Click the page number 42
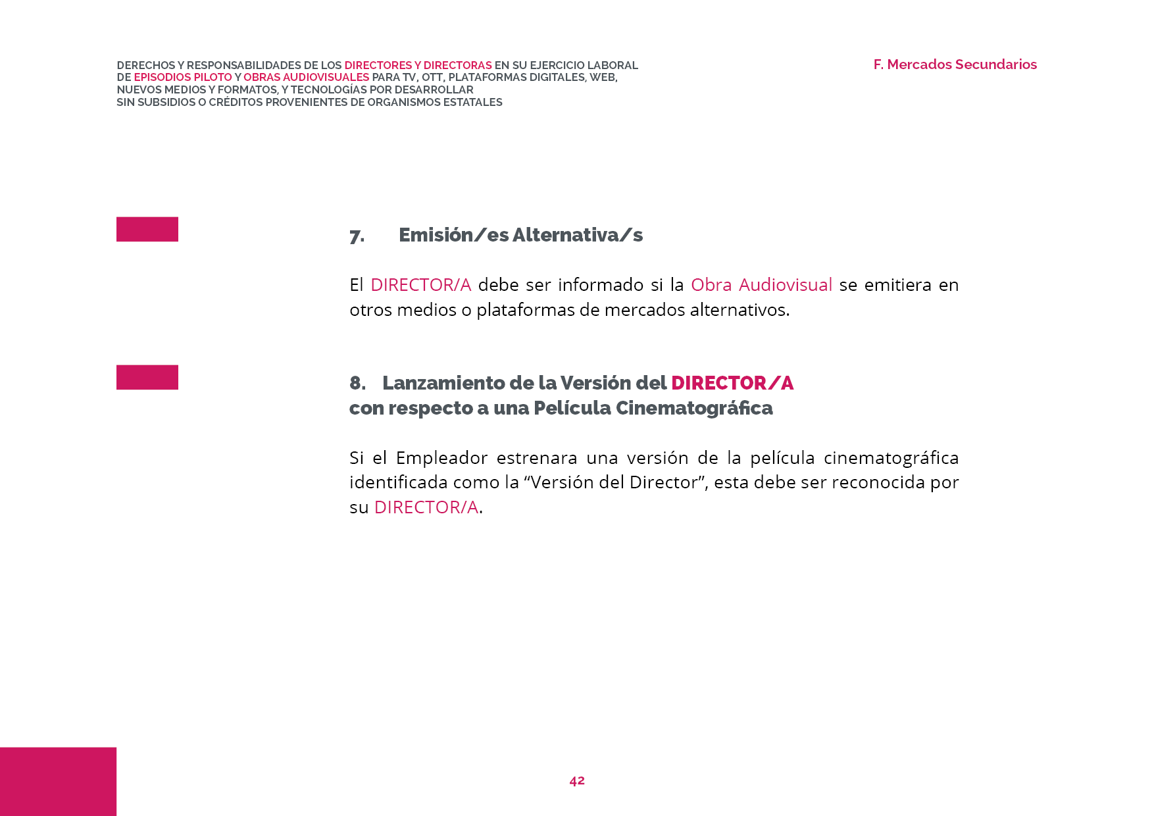tap(577, 780)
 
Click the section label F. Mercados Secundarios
tap(955, 64)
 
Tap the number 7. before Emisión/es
tap(357, 236)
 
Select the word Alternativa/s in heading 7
tap(577, 235)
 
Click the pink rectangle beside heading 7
tap(147, 229)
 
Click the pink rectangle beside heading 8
tap(147, 377)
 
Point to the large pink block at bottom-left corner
tap(58, 781)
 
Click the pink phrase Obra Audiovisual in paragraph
tap(761, 285)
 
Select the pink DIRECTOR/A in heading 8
tap(732, 383)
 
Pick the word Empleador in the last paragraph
tap(441, 458)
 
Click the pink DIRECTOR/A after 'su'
tap(426, 507)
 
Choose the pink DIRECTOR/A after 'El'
tap(420, 285)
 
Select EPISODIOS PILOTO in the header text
tap(182, 78)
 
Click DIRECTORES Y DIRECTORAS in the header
tap(418, 65)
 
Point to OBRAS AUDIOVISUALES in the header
tap(306, 78)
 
